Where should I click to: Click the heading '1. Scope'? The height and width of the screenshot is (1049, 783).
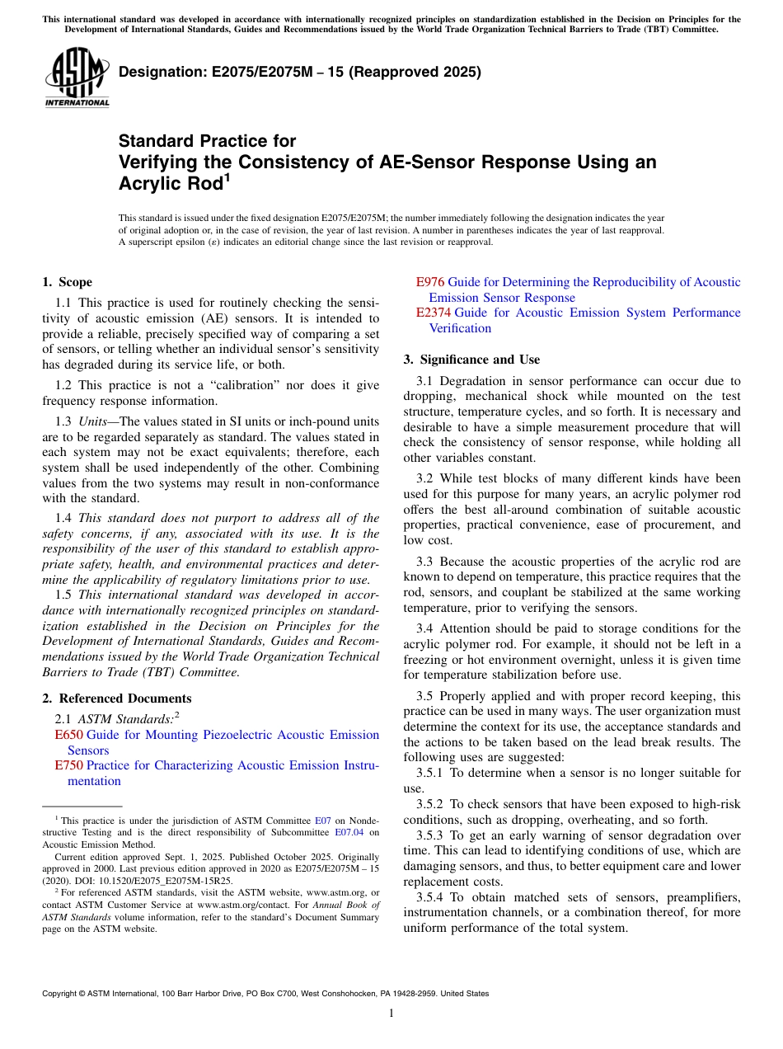tap(68, 282)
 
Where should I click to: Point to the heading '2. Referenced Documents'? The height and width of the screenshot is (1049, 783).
tap(116, 699)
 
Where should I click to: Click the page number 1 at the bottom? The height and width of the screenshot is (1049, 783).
tap(391, 1013)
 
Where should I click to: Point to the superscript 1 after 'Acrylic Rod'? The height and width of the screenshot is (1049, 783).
tap(228, 176)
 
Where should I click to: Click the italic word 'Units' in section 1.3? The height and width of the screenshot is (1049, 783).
tap(94, 421)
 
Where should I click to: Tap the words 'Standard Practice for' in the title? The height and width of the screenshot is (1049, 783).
tap(208, 141)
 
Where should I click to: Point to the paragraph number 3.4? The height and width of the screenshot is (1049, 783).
tap(425, 628)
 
